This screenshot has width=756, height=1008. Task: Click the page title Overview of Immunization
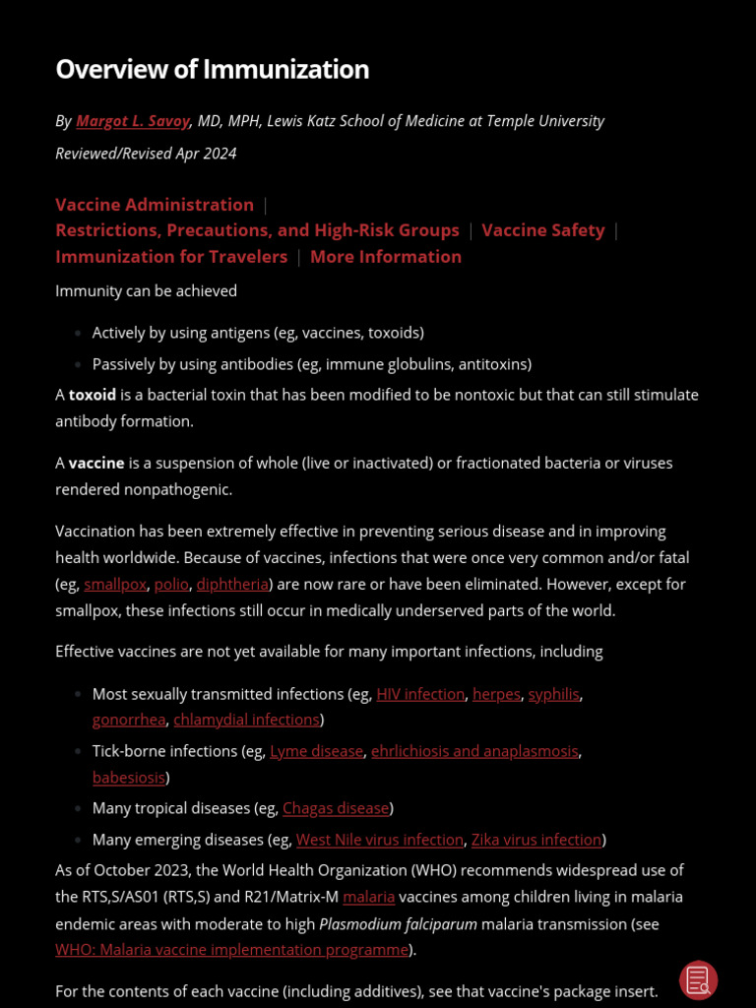pyautogui.click(x=212, y=70)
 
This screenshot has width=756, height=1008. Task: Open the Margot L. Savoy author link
pyautogui.click(x=133, y=121)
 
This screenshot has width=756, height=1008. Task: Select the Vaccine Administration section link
pyautogui.click(x=155, y=205)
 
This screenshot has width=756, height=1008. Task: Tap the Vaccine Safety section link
pyautogui.click(x=543, y=230)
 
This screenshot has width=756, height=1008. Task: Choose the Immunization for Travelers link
pyautogui.click(x=171, y=257)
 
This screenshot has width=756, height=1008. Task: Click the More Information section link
pyautogui.click(x=385, y=257)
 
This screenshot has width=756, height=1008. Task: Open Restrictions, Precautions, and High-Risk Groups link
pyautogui.click(x=257, y=230)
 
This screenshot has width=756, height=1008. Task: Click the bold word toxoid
pyautogui.click(x=93, y=395)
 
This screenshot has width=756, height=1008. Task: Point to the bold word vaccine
pyautogui.click(x=96, y=463)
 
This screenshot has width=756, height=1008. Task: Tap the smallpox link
pyautogui.click(x=115, y=585)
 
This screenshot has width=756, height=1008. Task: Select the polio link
pyautogui.click(x=171, y=585)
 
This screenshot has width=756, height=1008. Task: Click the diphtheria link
pyautogui.click(x=232, y=585)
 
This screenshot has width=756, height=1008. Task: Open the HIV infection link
pyautogui.click(x=420, y=695)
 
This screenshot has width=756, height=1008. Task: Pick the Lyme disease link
pyautogui.click(x=316, y=752)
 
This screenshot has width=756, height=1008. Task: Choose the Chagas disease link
pyautogui.click(x=336, y=809)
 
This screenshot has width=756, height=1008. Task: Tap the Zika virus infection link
pyautogui.click(x=536, y=841)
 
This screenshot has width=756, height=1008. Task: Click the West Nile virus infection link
pyautogui.click(x=380, y=841)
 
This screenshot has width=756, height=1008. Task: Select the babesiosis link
pyautogui.click(x=129, y=778)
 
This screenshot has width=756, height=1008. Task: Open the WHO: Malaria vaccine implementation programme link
pyautogui.click(x=231, y=951)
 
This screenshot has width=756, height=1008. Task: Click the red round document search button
pyautogui.click(x=698, y=980)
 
